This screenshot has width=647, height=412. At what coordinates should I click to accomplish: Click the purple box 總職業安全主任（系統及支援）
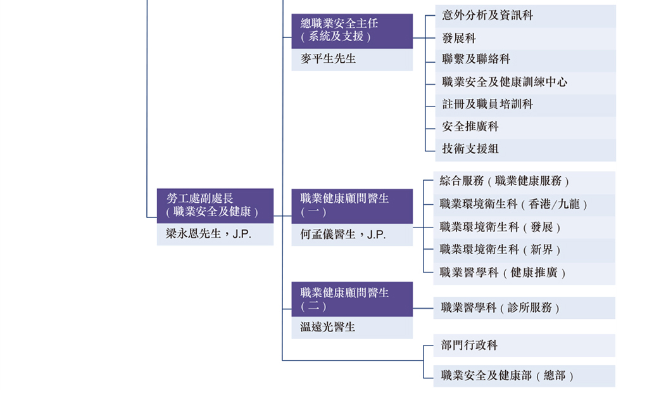(352, 31)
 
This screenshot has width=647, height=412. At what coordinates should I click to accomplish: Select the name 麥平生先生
(328, 59)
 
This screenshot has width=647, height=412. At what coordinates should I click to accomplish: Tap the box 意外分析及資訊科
(525, 16)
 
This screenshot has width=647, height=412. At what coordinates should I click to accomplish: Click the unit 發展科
(525, 39)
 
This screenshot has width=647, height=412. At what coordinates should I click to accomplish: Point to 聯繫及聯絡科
(525, 61)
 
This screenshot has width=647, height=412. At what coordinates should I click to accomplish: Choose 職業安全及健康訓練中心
(525, 82)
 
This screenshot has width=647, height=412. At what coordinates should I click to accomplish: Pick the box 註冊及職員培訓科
(525, 105)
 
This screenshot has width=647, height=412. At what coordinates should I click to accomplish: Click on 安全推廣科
(525, 127)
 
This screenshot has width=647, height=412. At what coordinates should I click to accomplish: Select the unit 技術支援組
(525, 150)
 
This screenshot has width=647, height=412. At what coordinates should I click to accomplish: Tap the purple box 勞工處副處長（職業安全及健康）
(215, 206)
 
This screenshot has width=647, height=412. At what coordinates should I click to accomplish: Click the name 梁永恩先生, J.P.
(208, 234)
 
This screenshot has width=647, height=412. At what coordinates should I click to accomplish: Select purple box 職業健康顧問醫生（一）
(352, 206)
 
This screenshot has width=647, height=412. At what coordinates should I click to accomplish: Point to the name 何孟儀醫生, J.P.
(343, 235)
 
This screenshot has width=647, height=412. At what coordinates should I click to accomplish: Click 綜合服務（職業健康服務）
(524, 183)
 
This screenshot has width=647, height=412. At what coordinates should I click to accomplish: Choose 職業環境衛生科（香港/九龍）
(524, 205)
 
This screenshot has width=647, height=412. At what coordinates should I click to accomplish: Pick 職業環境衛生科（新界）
(524, 250)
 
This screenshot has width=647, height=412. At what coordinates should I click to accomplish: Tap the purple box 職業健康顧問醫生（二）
(352, 299)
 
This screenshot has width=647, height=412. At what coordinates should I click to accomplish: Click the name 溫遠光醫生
(328, 327)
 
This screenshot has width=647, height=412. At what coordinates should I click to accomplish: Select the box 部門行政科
(524, 345)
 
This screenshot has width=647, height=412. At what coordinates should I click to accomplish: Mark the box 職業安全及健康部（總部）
(524, 376)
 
